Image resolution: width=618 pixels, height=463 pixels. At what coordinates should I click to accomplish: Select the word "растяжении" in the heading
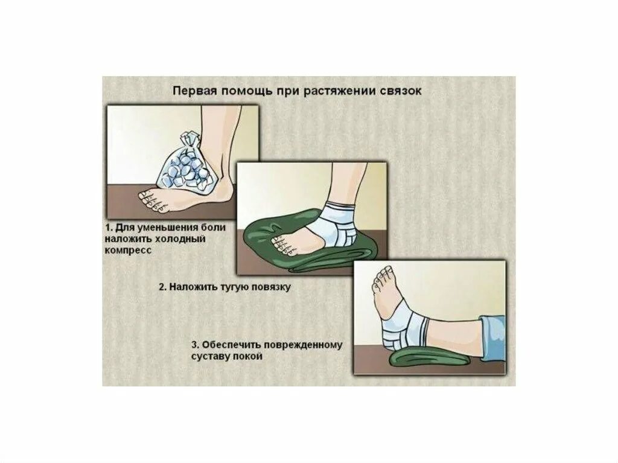pyautogui.click(x=339, y=92)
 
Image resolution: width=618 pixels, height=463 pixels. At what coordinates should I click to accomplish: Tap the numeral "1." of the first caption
pyautogui.click(x=109, y=228)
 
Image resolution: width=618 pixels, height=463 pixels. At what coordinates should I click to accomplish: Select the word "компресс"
pyautogui.click(x=128, y=251)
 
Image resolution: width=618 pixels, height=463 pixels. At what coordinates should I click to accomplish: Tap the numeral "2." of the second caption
pyautogui.click(x=163, y=287)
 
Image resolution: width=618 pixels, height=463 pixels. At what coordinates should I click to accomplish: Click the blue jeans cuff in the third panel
pyautogui.click(x=492, y=337)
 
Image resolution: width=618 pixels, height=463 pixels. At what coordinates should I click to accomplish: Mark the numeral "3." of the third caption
pyautogui.click(x=196, y=345)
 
